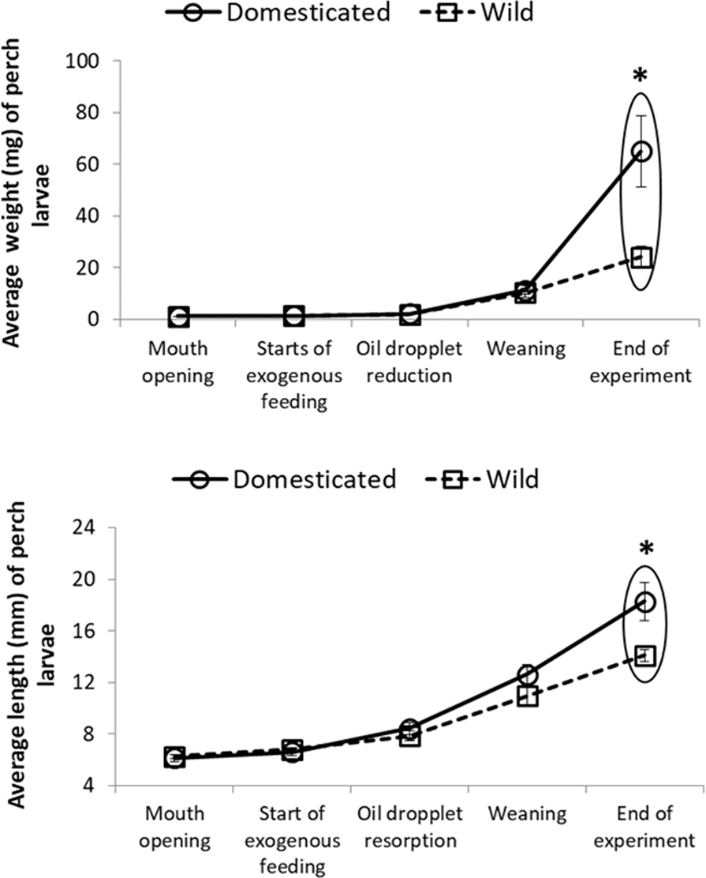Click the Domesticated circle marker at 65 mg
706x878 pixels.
click(642, 151)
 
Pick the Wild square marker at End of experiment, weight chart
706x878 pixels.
click(642, 257)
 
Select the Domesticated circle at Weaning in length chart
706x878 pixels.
click(527, 674)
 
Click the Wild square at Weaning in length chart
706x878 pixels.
click(527, 696)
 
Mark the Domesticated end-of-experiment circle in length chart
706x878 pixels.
click(646, 602)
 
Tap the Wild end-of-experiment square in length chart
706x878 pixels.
click(646, 655)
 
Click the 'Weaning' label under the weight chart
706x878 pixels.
click(525, 349)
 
